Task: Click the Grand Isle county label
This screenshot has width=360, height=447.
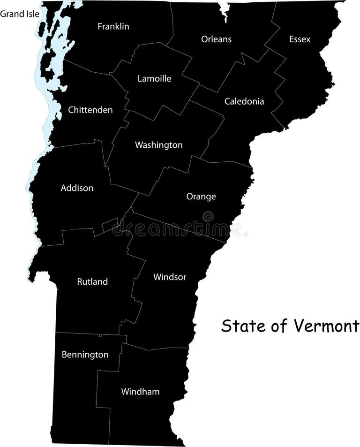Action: (x=20, y=14)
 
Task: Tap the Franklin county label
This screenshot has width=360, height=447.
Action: (x=113, y=27)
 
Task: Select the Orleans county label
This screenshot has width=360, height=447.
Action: (x=216, y=39)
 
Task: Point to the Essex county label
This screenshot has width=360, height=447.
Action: (x=300, y=39)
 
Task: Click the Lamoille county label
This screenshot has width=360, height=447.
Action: (x=154, y=79)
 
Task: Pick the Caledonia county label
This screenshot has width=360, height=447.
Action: (x=244, y=101)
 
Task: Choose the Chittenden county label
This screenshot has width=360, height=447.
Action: (x=90, y=110)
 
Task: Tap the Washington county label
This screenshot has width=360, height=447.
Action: (x=158, y=145)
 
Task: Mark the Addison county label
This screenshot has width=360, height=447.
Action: (x=77, y=188)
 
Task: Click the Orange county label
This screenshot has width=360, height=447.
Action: (x=201, y=197)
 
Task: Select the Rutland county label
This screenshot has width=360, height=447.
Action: (x=92, y=282)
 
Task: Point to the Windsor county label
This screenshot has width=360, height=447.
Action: (x=170, y=277)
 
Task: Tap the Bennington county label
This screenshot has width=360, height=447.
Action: (x=85, y=355)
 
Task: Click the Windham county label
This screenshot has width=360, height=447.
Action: (x=140, y=392)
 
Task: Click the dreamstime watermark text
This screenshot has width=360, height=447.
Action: (x=178, y=229)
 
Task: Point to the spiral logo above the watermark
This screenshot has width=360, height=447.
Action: (x=208, y=217)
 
